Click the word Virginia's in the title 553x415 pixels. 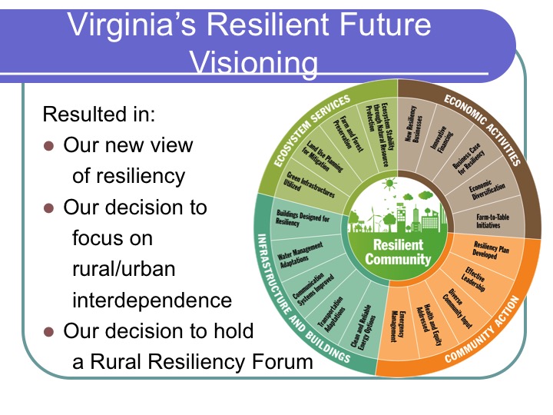pos(131,25)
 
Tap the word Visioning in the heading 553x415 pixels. pos(254,62)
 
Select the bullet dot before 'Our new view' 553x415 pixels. pos(48,146)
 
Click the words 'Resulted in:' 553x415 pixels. pos(99,114)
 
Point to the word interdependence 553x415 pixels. pos(152,300)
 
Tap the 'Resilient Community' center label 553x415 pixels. pos(398,252)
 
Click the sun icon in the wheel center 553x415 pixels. pos(389,184)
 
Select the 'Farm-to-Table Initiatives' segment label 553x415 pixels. pos(492,221)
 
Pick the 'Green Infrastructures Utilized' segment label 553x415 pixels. pos(309,184)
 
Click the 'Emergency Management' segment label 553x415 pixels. pos(398,326)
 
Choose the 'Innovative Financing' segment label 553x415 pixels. pos(441,138)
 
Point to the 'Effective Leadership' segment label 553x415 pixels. pos(474,279)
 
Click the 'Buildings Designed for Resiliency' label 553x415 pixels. pos(303,217)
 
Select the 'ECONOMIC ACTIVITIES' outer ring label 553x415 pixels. pos(482,130)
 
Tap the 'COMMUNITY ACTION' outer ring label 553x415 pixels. pos(482,330)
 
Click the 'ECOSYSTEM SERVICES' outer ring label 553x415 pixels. pos(312,130)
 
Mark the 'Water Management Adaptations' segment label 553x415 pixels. pos(300,255)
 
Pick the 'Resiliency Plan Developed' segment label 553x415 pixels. pos(491,250)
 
